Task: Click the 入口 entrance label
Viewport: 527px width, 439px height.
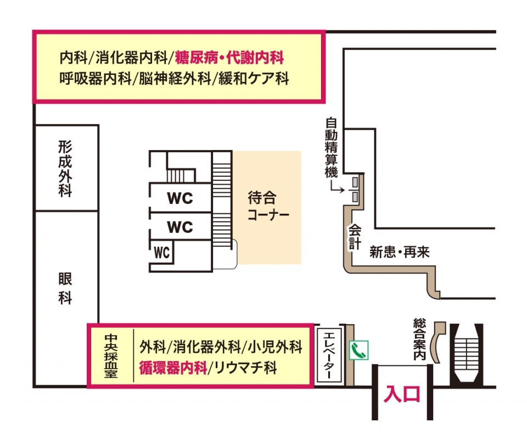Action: pos(403,394)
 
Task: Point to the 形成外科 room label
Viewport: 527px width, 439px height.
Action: pos(65,168)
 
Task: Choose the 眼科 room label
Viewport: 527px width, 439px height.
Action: pos(65,288)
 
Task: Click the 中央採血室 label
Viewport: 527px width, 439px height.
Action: pos(110,355)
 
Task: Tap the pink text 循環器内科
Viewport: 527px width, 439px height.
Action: pos(172,368)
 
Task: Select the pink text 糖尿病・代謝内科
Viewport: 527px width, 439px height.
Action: pos(229,57)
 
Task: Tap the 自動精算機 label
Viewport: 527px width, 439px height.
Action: pos(331,146)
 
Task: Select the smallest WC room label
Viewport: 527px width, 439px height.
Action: pos(162,253)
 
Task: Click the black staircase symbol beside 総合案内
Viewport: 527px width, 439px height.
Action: pos(467,354)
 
